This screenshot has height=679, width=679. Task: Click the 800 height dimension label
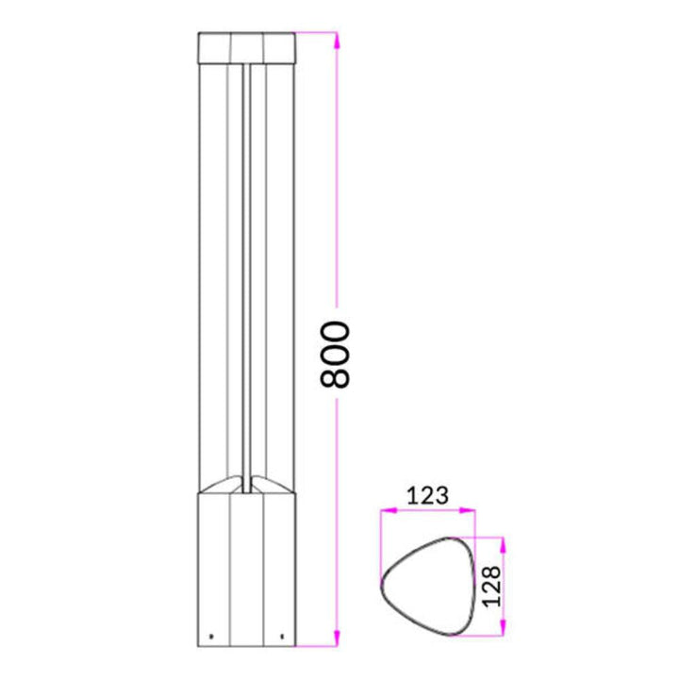click(x=335, y=355)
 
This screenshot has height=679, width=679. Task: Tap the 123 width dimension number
click(x=427, y=493)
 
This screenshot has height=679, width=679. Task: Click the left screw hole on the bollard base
click(x=211, y=633)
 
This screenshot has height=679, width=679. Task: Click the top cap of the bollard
click(x=246, y=45)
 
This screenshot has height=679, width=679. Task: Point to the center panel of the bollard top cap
click(x=246, y=45)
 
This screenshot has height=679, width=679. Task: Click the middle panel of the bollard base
click(x=246, y=566)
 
